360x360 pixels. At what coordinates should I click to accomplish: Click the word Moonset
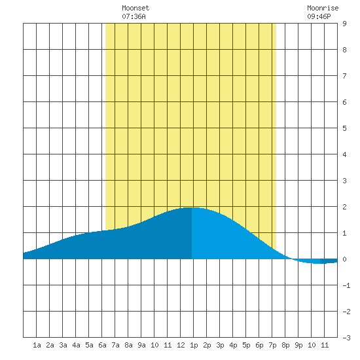pos(135,8)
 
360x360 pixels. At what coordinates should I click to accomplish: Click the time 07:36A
pos(134,16)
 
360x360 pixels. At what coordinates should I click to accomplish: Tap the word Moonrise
pos(323,8)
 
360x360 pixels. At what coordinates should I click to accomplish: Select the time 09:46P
pos(319,16)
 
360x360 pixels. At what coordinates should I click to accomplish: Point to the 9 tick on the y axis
pos(344,24)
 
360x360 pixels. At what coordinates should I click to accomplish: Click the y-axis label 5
pos(344,128)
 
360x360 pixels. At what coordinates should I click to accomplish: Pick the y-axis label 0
pos(344,259)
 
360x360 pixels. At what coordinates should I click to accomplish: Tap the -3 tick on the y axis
pos(346,338)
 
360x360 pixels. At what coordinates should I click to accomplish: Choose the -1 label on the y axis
pos(346,285)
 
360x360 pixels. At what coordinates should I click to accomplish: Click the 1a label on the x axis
pos(37,345)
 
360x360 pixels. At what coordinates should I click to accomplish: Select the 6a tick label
pos(102,345)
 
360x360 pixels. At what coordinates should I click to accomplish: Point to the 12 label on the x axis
pos(181,345)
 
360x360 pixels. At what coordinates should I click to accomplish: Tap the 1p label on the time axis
pos(194,345)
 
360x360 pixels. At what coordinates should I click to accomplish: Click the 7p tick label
pos(272,345)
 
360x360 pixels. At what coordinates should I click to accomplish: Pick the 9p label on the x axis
pos(298,345)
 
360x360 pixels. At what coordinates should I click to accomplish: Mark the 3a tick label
pos(63,345)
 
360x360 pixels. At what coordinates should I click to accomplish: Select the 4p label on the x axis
pos(233,345)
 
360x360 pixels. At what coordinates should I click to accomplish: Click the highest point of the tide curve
pos(192,207)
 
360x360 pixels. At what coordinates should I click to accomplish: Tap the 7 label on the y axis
pos(344,76)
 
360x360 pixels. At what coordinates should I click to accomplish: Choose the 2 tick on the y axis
pos(344,207)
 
